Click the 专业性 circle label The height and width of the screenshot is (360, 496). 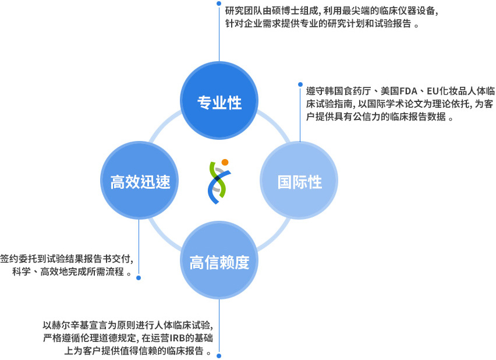tap(219, 103)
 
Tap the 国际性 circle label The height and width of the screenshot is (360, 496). tap(299, 182)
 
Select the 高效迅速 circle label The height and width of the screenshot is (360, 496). tap(140, 182)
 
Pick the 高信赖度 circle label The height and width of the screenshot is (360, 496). tap(219, 262)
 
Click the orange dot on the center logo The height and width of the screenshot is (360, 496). tap(225, 162)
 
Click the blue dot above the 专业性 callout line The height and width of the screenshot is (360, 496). tap(219, 3)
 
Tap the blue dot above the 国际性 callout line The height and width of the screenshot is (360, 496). tap(300, 84)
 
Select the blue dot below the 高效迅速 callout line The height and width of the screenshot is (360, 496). tap(139, 278)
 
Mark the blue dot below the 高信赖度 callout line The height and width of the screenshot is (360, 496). tap(219, 356)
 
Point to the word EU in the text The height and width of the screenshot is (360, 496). tap(433, 91)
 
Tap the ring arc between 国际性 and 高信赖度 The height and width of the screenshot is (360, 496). tap(274, 234)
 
